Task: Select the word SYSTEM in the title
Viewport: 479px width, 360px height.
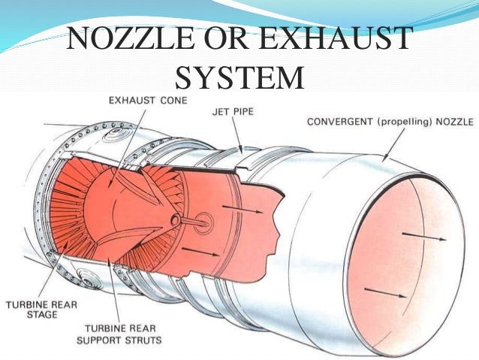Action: coord(239,77)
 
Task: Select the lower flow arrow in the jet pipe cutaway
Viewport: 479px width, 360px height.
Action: coord(197,251)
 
